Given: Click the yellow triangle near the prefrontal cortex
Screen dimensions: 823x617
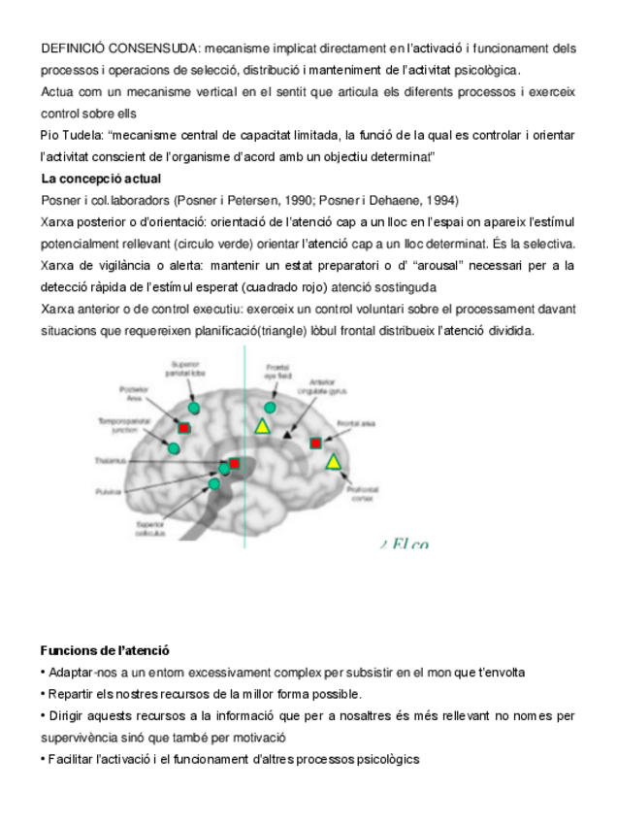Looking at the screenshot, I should point(334,461).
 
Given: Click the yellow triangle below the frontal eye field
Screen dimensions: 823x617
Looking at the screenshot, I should point(262,425).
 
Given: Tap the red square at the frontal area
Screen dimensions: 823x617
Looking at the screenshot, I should point(315,443).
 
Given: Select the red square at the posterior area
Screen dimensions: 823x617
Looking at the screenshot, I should point(184,427).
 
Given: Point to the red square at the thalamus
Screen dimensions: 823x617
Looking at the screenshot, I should point(234,464).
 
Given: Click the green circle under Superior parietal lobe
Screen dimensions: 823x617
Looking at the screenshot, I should point(194,409).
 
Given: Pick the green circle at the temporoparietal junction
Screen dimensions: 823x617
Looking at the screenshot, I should point(174,447).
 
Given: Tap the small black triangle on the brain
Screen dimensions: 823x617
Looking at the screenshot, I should point(286,436).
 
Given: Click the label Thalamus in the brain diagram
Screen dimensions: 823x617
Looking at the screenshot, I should point(109,460).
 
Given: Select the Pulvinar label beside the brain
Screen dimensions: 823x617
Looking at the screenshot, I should point(108,492).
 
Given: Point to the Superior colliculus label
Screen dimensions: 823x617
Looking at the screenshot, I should point(152,528).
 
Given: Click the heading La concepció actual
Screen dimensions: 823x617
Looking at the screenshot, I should point(101,180).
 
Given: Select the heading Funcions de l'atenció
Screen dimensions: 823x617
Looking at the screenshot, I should point(105,650).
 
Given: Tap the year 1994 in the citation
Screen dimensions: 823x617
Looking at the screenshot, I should point(441,201).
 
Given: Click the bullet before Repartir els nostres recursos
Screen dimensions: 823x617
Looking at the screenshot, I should point(43,694).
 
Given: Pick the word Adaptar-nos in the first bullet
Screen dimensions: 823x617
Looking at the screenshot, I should point(79,673).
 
